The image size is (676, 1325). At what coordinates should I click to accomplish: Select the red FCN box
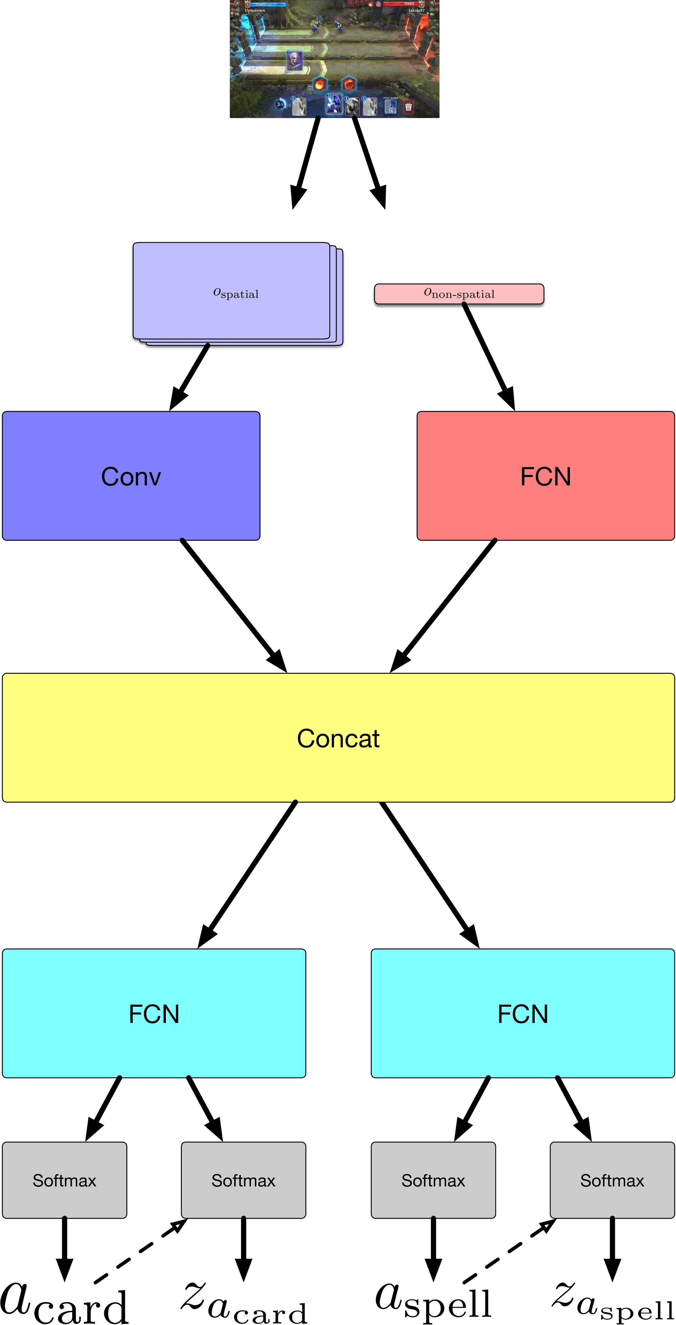(546, 476)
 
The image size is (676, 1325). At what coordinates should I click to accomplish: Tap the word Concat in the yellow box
(338, 738)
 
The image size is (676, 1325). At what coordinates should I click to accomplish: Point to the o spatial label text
(236, 293)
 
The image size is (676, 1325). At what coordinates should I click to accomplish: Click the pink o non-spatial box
(459, 294)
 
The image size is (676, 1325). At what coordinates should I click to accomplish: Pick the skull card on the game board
(294, 61)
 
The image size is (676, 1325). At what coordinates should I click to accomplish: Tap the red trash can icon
(408, 107)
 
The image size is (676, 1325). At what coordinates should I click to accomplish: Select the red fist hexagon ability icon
(349, 83)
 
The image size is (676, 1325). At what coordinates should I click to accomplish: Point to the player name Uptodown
(255, 10)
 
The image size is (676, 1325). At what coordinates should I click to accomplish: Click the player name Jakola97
(416, 10)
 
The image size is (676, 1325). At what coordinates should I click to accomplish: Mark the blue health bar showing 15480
(267, 4)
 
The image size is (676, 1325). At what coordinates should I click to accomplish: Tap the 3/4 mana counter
(280, 104)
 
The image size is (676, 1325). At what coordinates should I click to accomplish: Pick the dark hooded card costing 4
(352, 107)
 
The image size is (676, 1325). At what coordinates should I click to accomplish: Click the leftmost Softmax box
(64, 1180)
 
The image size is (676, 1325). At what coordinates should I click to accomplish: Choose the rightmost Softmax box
(612, 1180)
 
